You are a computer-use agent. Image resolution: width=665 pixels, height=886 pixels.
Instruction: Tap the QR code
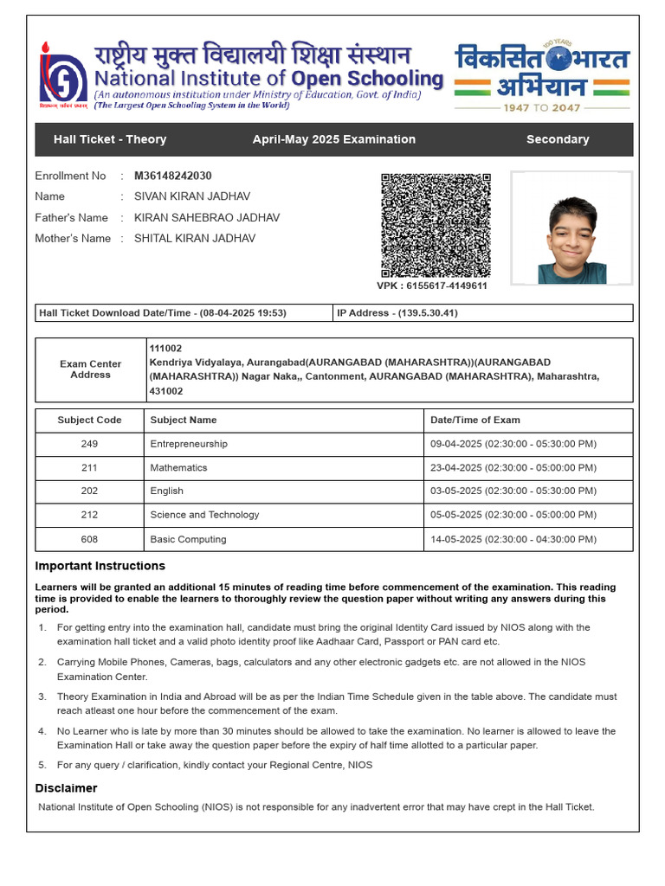[x=436, y=225]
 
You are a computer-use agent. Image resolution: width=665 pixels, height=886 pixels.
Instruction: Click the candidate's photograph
[x=571, y=228]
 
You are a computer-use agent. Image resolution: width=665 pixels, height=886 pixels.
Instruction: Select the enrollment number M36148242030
[x=173, y=176]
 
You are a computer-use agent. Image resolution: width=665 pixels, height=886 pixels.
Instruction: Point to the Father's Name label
[x=71, y=218]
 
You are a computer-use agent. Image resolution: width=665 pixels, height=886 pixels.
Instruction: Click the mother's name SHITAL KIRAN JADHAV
[x=195, y=239]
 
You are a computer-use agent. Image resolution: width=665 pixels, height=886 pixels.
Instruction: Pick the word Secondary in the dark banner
[x=558, y=139]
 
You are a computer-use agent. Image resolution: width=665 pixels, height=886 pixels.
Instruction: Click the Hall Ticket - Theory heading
[x=110, y=139]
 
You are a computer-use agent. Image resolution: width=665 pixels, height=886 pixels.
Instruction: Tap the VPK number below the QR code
[x=432, y=286]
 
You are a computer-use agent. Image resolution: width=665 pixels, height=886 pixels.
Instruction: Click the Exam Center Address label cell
[x=91, y=369]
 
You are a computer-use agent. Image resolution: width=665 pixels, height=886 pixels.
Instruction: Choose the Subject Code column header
[x=90, y=421]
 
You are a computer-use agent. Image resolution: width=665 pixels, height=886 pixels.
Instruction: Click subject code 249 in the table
[x=90, y=444]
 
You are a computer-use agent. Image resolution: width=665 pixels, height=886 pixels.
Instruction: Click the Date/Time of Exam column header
[x=475, y=421]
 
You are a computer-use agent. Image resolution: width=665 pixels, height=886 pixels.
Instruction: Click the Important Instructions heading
[x=100, y=566]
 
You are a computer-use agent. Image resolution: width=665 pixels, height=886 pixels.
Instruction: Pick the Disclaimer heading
[x=66, y=788]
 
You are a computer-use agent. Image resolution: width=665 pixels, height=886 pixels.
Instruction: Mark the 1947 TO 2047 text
[x=542, y=107]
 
